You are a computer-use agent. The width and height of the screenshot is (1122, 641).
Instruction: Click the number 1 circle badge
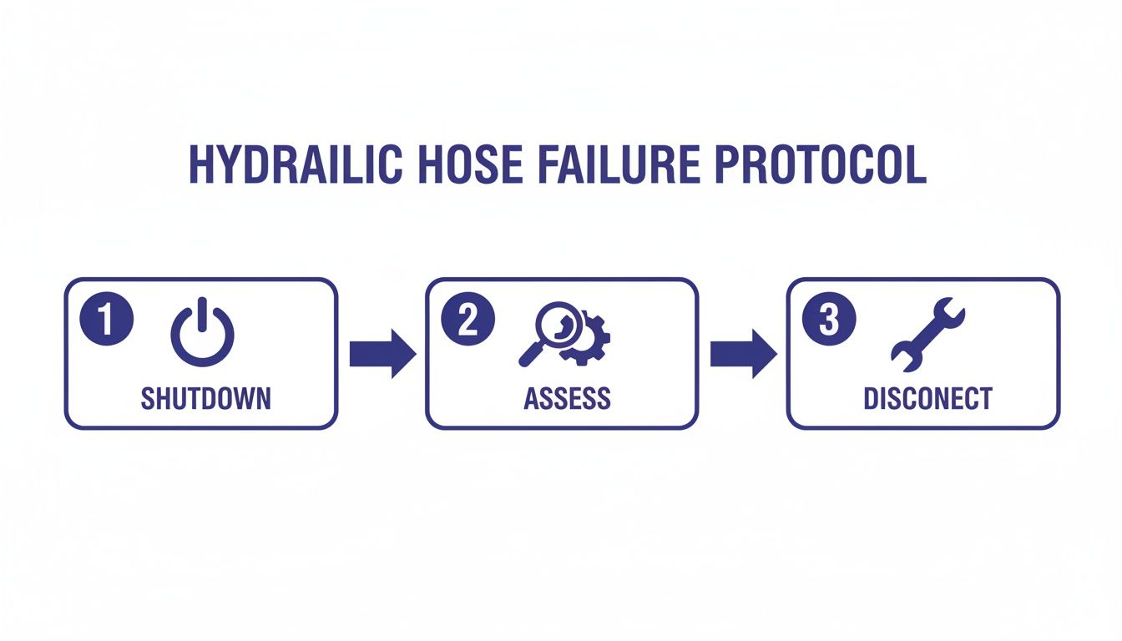(x=106, y=320)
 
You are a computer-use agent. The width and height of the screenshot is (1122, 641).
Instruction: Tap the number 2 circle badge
(x=467, y=320)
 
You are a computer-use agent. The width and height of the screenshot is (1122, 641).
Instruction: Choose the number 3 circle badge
(x=828, y=320)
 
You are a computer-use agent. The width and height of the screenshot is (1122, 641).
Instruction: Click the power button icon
(x=203, y=334)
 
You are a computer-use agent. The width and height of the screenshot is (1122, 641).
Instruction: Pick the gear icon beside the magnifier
(x=588, y=341)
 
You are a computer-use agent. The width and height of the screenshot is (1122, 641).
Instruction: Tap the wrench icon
(x=927, y=338)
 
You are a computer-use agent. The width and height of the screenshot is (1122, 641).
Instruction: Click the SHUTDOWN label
(x=205, y=398)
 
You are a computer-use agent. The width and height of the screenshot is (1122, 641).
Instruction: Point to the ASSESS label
(x=567, y=398)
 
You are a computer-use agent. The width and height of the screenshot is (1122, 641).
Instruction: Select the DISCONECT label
(x=927, y=398)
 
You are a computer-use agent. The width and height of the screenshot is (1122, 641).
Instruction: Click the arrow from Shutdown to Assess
(x=382, y=354)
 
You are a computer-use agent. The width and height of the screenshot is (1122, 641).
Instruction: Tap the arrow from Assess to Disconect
(x=742, y=354)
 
